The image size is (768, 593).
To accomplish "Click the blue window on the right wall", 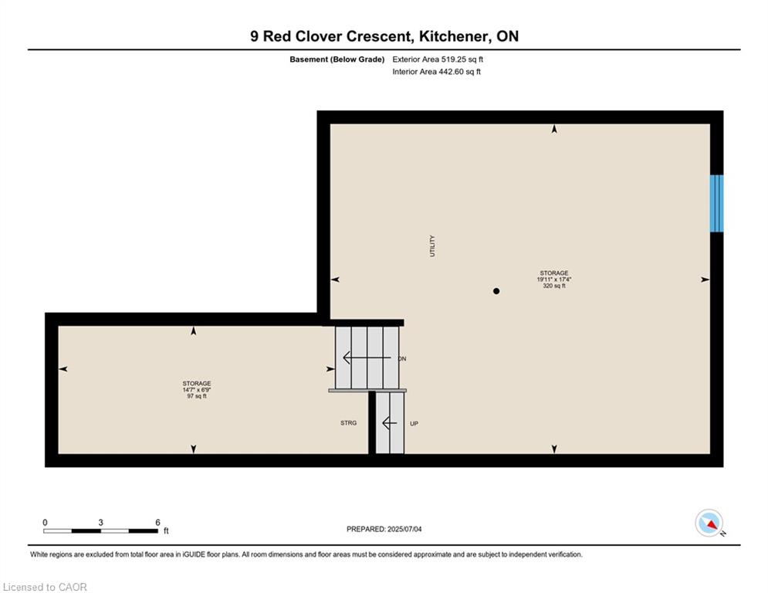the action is coord(716,203).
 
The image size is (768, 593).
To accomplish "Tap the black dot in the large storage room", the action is coord(496,291).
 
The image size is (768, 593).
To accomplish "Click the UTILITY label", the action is coord(432,246).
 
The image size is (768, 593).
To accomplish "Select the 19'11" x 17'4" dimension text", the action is coord(554,280).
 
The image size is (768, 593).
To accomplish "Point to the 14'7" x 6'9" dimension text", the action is coord(197,390).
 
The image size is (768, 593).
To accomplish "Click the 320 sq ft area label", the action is coord(554,286).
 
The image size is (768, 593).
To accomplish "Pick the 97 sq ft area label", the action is coord(197,396).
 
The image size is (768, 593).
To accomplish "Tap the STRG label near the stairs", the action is coord(349,423).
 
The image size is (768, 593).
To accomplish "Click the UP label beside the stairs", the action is coord(414,423).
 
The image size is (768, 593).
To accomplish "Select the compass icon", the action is coord(709,523).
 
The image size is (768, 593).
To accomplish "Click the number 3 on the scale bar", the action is coord(100,523).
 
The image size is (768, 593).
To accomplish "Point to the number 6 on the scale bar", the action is coord(157,523).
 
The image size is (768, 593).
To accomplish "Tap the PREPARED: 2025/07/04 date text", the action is coord(384,529).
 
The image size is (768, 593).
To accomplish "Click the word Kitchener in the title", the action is coord(454,36).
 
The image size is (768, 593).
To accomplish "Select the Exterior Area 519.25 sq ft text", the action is coord(438,59).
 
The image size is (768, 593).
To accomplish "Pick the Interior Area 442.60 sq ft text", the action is coord(436,72).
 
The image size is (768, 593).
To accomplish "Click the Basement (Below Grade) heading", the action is coord(337,59).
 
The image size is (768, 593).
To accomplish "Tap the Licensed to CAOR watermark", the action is coord(45,587).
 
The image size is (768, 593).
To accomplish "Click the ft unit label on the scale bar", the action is coord(166,530).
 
